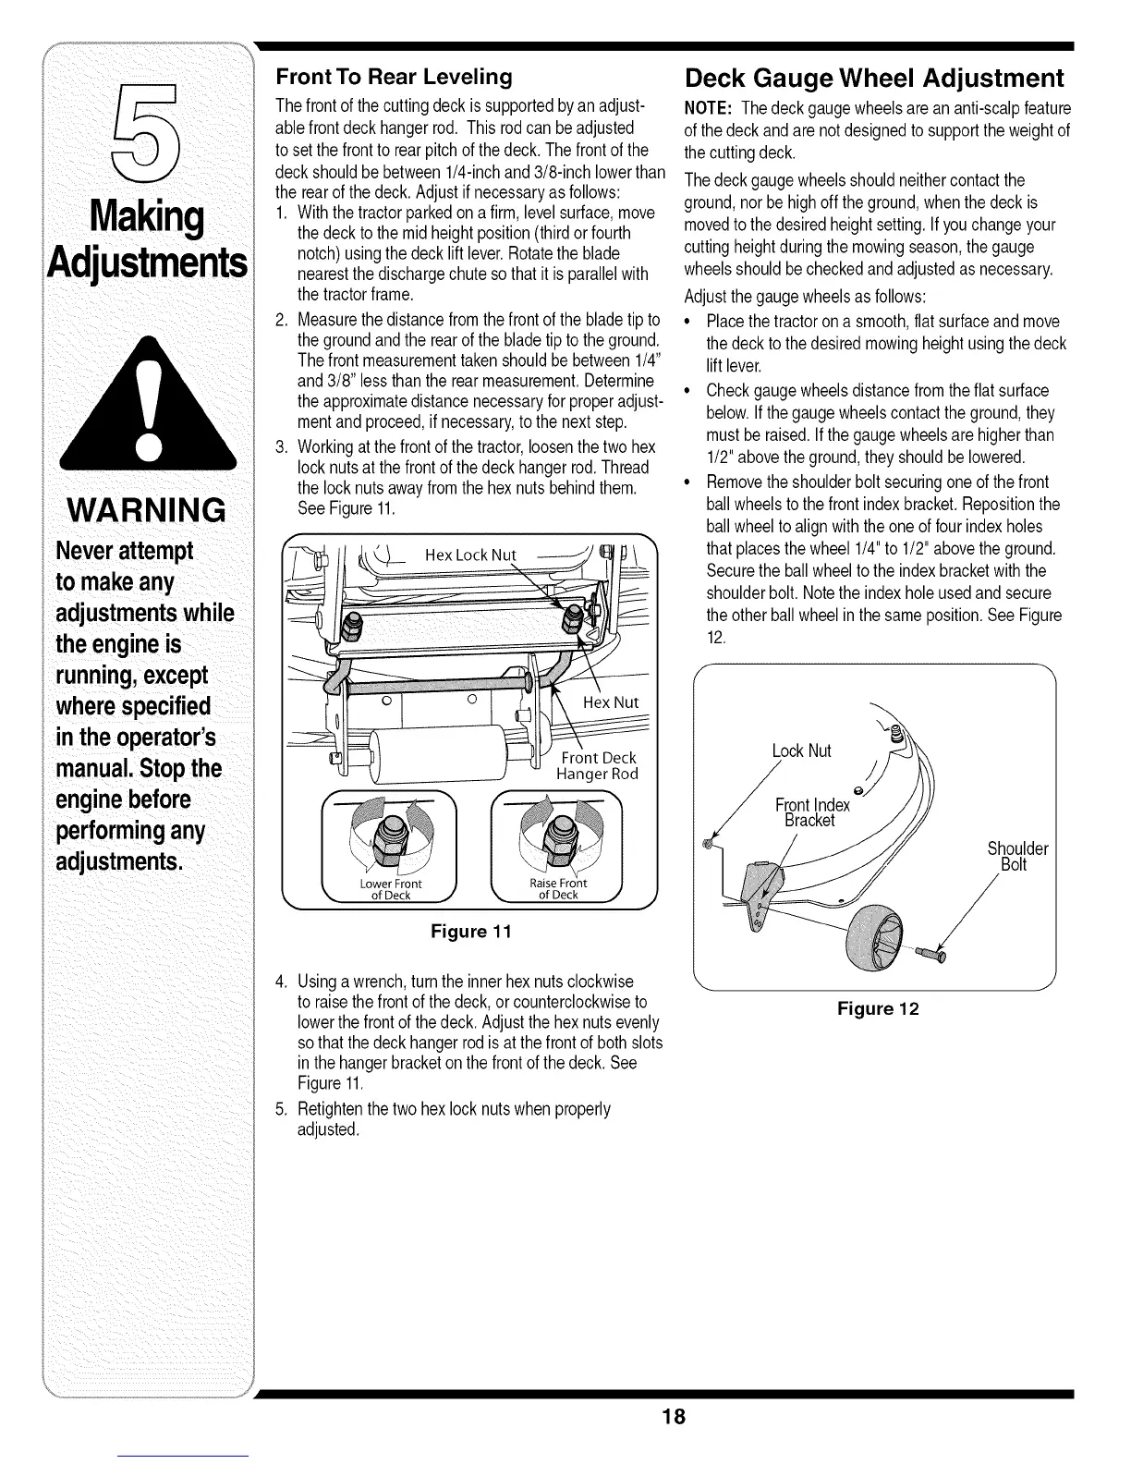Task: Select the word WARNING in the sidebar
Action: coord(145,509)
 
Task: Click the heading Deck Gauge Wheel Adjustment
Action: coord(873,77)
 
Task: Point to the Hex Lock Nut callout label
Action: coord(469,555)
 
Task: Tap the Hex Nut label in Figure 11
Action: coord(611,701)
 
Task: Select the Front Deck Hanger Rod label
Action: coord(597,766)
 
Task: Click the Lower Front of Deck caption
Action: coord(390,889)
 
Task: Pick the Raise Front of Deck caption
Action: coord(557,889)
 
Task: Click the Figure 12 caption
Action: coord(878,1008)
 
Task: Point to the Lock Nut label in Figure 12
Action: coord(801,750)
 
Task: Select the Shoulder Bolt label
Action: coord(1016,857)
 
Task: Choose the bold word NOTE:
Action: coord(709,107)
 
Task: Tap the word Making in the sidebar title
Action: coord(148,217)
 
